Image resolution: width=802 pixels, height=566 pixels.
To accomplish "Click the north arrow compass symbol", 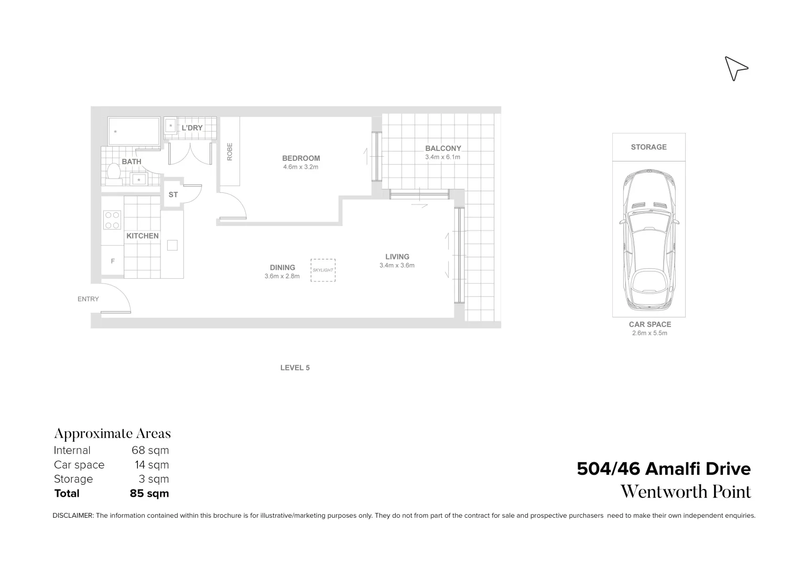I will coord(735,69).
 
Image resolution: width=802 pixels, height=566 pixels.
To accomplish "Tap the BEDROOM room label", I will coord(301,158).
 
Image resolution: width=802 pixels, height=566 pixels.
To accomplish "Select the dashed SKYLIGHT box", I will coord(322,270).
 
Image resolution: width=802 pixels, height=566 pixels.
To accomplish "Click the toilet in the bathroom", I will coord(113,171).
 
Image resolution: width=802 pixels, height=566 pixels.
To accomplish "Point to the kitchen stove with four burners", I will coord(112,220).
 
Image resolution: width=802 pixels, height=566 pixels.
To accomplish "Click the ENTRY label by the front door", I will coord(88,299).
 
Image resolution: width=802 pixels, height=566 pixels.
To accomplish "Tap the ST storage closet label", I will coord(173,194).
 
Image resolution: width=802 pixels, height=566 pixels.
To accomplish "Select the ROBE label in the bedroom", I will coord(230,151).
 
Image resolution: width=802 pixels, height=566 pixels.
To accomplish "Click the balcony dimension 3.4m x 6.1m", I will coord(442,157).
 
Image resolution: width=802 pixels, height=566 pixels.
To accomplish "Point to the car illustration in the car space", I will coord(649,241).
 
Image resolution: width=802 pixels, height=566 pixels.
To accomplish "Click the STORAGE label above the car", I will coord(648,147).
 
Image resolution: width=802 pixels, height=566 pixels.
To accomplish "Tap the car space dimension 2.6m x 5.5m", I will coord(649,333).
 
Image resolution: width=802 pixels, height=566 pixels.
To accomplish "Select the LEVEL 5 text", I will coord(295,368).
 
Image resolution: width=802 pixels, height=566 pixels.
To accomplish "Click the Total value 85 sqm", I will coord(149,493).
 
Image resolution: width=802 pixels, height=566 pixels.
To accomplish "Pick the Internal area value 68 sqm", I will coord(150,450).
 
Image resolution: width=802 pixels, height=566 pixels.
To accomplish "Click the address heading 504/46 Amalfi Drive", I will coord(663,469).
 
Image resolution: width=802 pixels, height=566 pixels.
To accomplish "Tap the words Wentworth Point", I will coord(686,492).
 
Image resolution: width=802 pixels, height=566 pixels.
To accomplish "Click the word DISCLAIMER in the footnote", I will coord(73,516).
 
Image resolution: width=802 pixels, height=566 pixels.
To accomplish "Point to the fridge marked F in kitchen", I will coord(113,261).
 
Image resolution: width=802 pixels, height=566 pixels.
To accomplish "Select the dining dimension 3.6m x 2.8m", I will coord(282,276).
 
